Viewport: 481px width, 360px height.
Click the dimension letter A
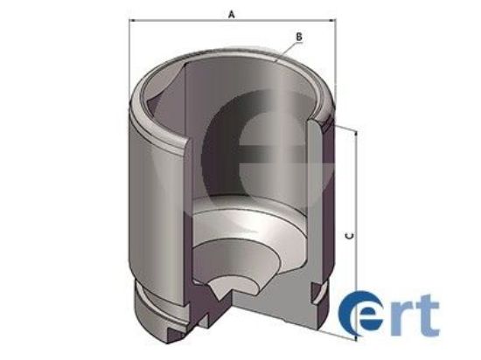tap(230, 14)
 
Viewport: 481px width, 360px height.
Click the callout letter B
tap(299, 37)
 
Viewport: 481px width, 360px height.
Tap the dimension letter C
tap(349, 235)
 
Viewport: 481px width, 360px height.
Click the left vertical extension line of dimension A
tap(129, 61)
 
